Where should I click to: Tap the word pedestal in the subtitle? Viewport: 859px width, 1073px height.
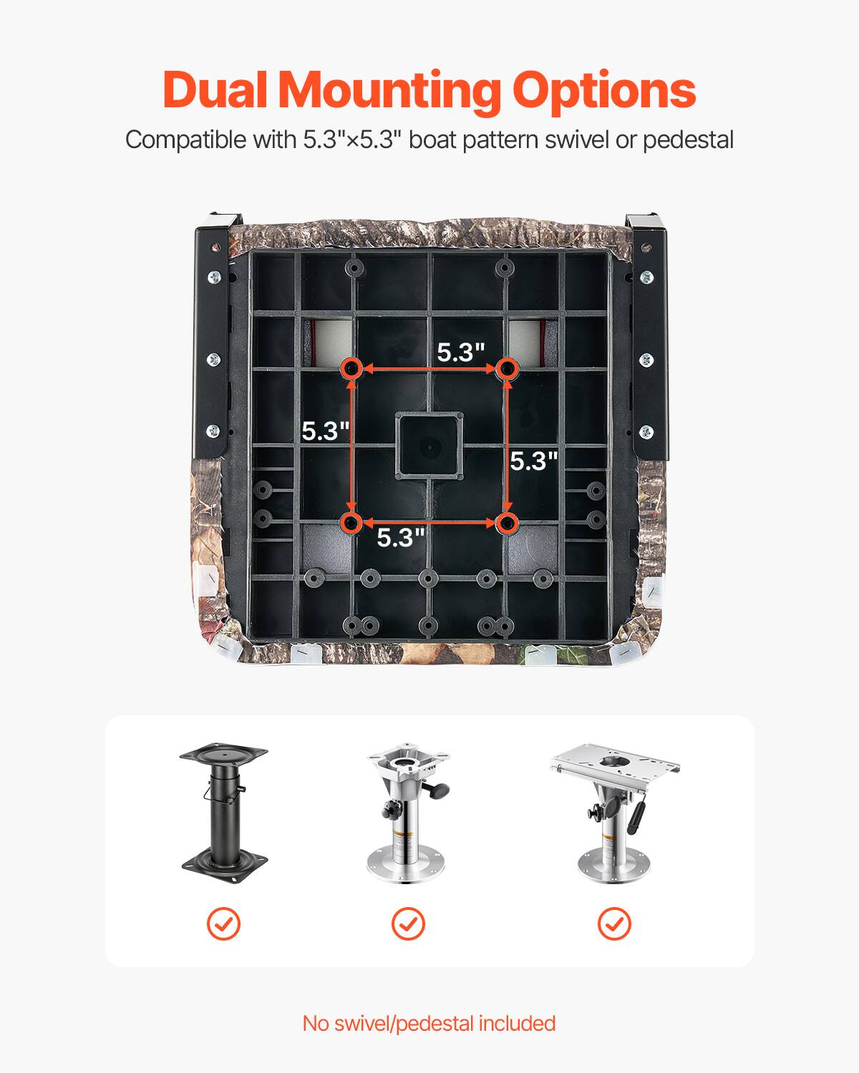pyautogui.click(x=687, y=139)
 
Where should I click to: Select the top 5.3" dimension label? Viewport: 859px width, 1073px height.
pyautogui.click(x=461, y=352)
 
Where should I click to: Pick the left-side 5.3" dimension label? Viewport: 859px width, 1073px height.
pyautogui.click(x=325, y=431)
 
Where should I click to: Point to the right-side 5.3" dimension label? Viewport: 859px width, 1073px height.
pyautogui.click(x=533, y=461)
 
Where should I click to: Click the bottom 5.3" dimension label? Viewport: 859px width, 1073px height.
pyautogui.click(x=401, y=537)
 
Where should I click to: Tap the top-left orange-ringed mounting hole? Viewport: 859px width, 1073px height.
pyautogui.click(x=351, y=368)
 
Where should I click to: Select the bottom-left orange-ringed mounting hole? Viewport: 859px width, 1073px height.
pyautogui.click(x=351, y=524)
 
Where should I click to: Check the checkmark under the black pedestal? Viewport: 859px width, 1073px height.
pyautogui.click(x=223, y=924)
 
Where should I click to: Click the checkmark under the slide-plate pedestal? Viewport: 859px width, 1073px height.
pyautogui.click(x=614, y=924)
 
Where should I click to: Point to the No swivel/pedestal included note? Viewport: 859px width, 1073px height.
pyautogui.click(x=429, y=1023)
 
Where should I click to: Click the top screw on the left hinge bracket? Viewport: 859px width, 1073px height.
pyautogui.click(x=213, y=277)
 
